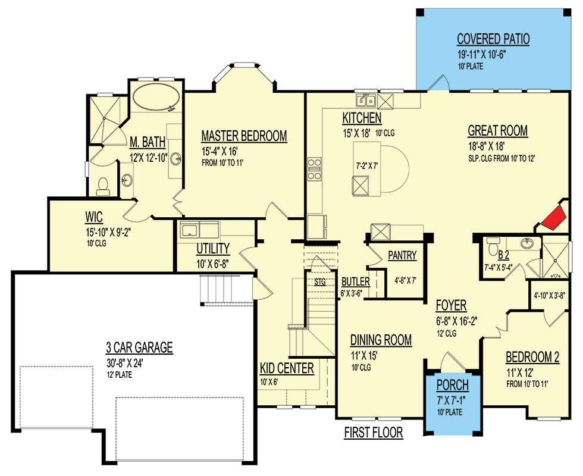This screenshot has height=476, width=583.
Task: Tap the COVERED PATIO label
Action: point(493,40)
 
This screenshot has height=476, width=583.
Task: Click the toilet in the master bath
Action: point(102,186)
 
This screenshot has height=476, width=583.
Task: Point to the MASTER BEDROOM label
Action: point(244,136)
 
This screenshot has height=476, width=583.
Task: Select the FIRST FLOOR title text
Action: point(374,433)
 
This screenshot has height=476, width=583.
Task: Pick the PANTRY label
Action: point(402,256)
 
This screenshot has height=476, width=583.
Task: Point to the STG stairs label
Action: point(320,282)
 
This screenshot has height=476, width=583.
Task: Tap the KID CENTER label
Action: point(287,368)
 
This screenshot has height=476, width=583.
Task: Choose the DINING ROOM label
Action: point(381,340)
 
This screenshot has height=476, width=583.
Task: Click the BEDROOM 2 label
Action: point(532,357)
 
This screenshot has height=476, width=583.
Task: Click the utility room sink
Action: point(192,230)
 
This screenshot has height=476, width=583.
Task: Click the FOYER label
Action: point(450,305)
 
